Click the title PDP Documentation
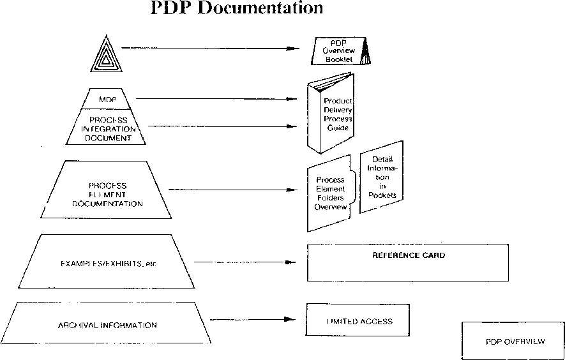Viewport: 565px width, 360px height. [x=237, y=8]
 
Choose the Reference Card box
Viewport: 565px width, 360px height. [x=408, y=262]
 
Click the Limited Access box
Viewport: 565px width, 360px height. [x=358, y=322]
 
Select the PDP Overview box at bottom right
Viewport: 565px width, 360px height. [x=514, y=341]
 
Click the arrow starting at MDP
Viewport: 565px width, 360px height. [x=217, y=99]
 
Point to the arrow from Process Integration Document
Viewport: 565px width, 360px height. [x=223, y=126]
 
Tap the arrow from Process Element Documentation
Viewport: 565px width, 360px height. [x=233, y=190]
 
